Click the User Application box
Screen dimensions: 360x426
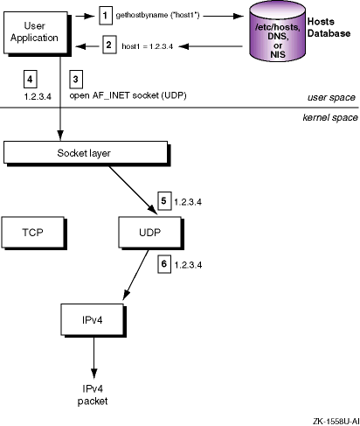coord(36,32)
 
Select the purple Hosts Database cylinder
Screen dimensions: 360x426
coord(277,31)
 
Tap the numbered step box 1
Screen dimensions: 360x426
coord(106,16)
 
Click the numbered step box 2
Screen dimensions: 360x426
coord(109,45)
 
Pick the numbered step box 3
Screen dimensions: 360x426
coord(76,80)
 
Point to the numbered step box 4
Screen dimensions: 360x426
coord(30,79)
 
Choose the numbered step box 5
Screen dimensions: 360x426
coord(164,200)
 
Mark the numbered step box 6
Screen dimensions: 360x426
coord(164,264)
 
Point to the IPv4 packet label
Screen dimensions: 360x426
coord(93,395)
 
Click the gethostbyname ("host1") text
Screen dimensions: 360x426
coord(157,15)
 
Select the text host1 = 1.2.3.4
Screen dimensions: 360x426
coord(148,46)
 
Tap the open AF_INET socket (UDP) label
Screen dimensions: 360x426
coord(128,95)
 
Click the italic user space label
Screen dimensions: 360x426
coord(331,97)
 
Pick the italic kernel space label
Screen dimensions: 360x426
coord(330,117)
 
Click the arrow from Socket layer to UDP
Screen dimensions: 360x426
coord(133,190)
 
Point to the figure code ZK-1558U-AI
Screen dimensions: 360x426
coord(336,422)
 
